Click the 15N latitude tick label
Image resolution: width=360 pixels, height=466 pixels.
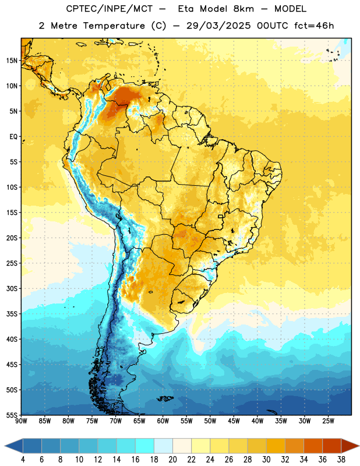point(11,61)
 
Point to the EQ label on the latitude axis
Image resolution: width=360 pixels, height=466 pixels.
point(13,137)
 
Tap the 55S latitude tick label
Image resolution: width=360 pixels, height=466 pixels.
point(12,415)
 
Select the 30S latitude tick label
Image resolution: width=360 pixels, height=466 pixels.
point(12,288)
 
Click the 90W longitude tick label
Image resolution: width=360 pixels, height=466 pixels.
point(21,421)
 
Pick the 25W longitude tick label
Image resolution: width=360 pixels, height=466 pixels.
point(328,421)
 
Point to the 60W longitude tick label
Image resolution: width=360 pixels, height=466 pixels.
point(163,421)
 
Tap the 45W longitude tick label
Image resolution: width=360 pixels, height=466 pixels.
point(234,421)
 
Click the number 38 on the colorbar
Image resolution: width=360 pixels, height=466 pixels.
point(341,460)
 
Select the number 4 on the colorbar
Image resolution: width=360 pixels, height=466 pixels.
point(23,460)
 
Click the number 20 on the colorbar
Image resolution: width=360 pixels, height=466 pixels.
point(172,460)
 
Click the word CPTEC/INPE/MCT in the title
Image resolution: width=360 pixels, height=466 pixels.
point(110,9)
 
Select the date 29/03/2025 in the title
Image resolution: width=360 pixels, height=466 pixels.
point(218,26)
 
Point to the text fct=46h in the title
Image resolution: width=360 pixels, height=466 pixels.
point(314,26)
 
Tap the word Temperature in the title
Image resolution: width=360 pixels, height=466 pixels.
point(114,26)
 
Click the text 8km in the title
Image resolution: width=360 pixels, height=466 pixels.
point(243,9)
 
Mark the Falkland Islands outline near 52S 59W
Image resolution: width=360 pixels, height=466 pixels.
point(165,398)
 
